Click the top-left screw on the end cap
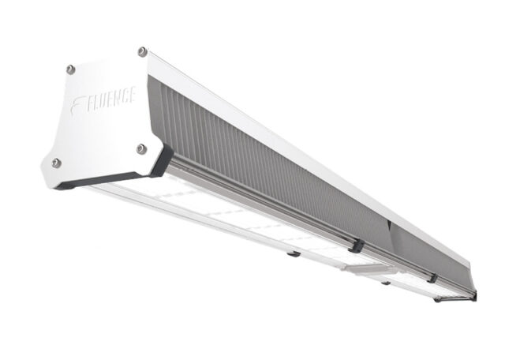(x=70, y=69)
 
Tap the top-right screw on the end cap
(x=142, y=51)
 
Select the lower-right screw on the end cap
(x=141, y=149)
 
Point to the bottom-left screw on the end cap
(x=56, y=163)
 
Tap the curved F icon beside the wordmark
(x=77, y=104)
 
